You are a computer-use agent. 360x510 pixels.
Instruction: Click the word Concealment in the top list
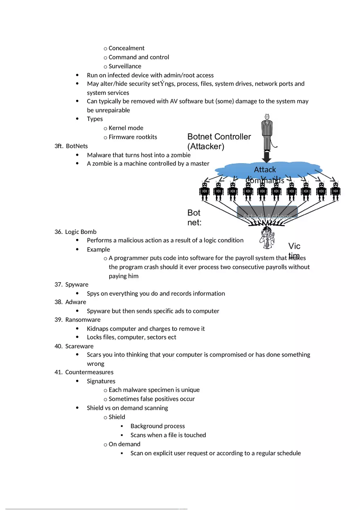[126, 48]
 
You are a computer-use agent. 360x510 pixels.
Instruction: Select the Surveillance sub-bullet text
[125, 66]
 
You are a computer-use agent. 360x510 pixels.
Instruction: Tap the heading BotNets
[76, 146]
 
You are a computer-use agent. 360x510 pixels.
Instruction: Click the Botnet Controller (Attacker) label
[219, 142]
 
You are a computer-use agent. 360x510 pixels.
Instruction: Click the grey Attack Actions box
[267, 212]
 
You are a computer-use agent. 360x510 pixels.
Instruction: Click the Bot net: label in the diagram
[194, 218]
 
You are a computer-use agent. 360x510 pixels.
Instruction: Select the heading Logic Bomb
[81, 232]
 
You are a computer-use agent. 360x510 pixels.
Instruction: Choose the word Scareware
[79, 346]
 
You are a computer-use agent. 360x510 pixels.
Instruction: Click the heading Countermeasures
[89, 372]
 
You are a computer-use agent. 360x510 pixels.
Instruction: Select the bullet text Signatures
[101, 381]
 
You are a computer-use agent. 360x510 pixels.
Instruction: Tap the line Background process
[157, 426]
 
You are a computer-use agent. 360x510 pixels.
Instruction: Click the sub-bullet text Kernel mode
[126, 128]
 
